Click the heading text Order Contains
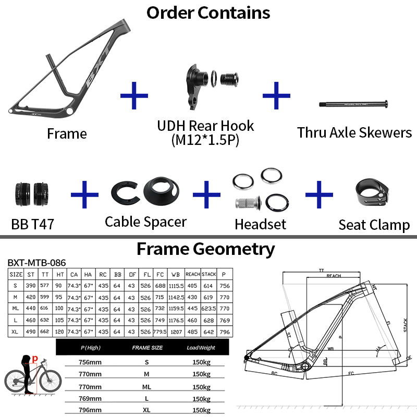208,13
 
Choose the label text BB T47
32,225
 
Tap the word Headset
260,224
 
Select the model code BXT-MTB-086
36,263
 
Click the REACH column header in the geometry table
192,274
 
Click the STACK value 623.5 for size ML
209,309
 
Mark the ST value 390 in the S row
30,286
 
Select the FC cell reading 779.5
160,331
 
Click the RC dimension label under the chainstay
274,373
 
